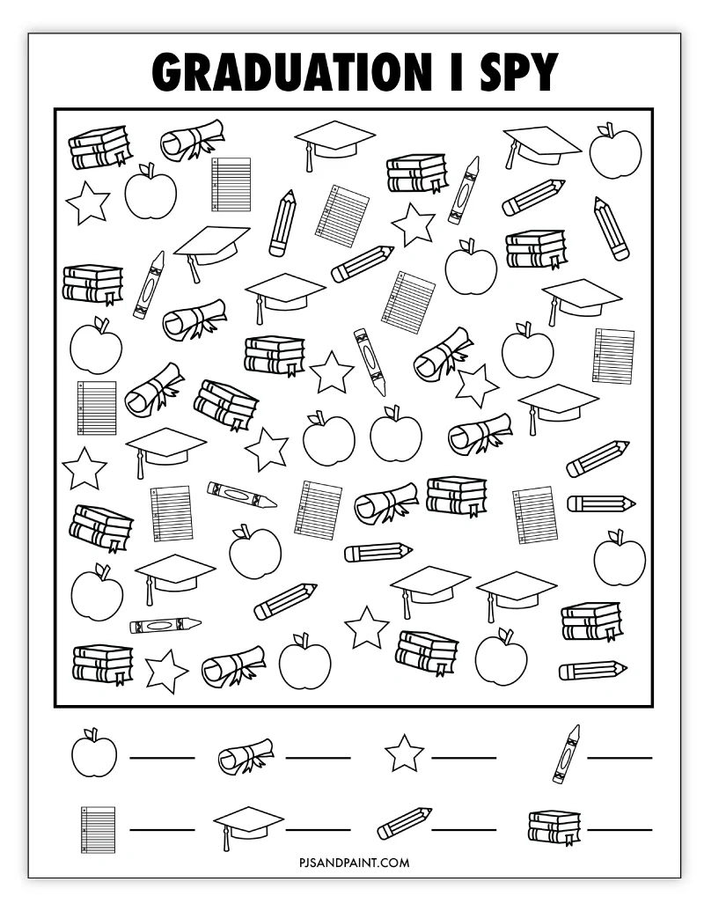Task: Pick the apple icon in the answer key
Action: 94,753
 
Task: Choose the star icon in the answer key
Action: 404,753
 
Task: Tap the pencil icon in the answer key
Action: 405,824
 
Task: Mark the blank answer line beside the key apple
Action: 163,757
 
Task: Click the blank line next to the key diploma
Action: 318,757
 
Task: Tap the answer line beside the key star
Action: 464,757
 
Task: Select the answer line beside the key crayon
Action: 620,757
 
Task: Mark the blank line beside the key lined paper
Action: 163,829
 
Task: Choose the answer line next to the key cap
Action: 318,829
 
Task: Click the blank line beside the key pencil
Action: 464,829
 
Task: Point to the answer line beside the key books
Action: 620,829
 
